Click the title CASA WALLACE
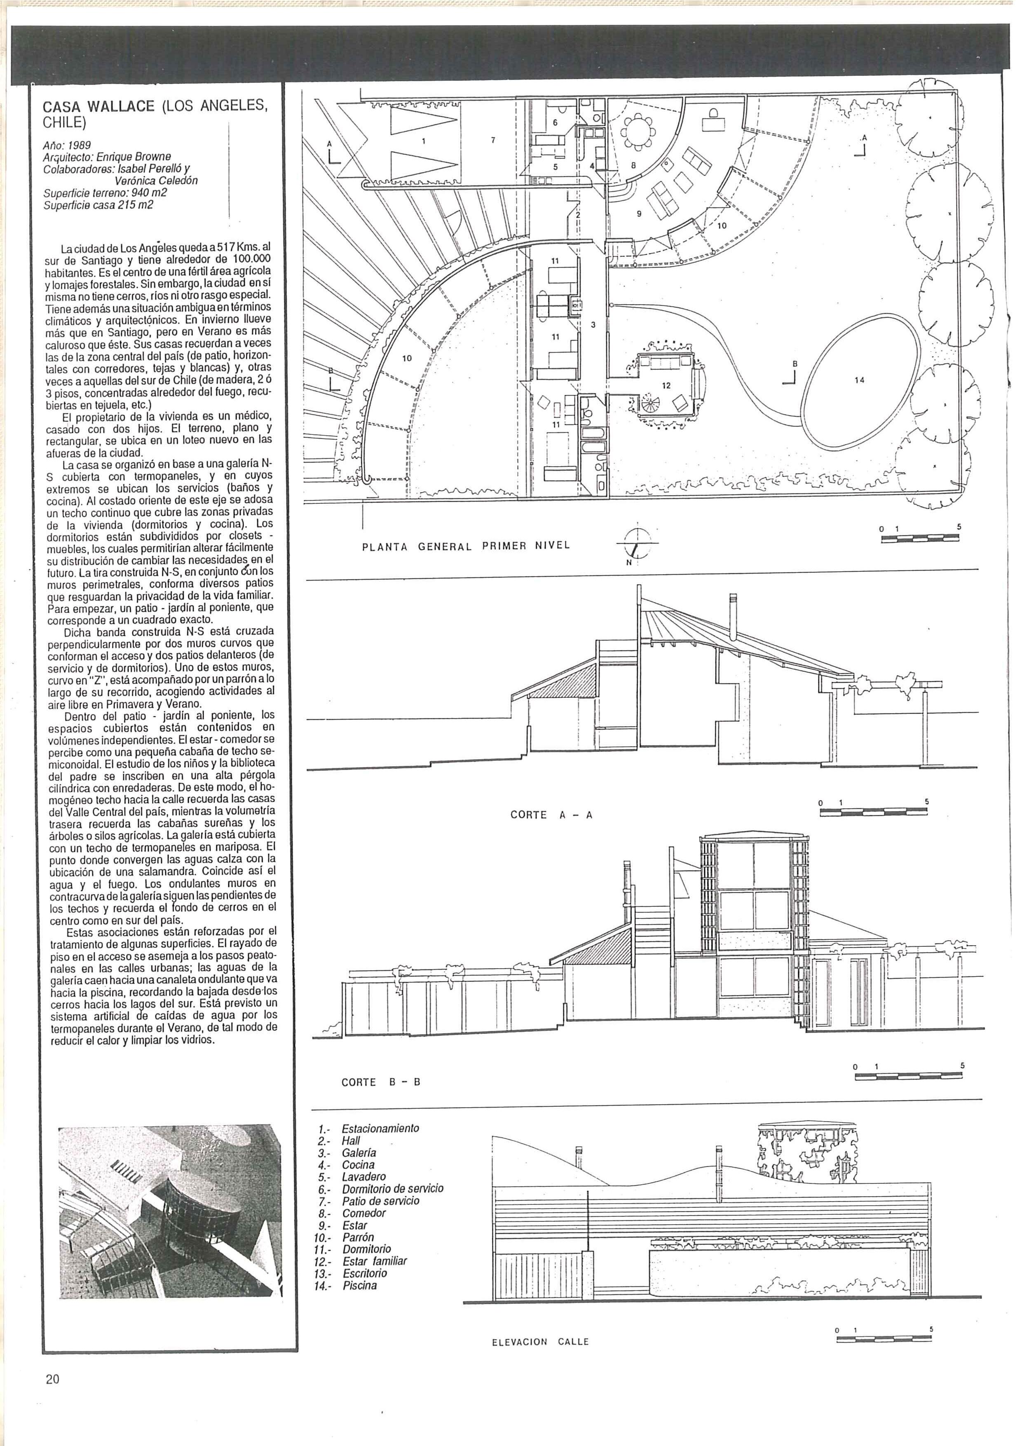click(98, 106)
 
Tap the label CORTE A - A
click(551, 815)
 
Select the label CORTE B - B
click(380, 1082)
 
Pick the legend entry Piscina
click(360, 1285)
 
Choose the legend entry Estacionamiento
click(380, 1129)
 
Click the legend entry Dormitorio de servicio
click(392, 1188)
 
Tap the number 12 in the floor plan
click(666, 385)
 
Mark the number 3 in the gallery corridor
click(593, 325)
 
